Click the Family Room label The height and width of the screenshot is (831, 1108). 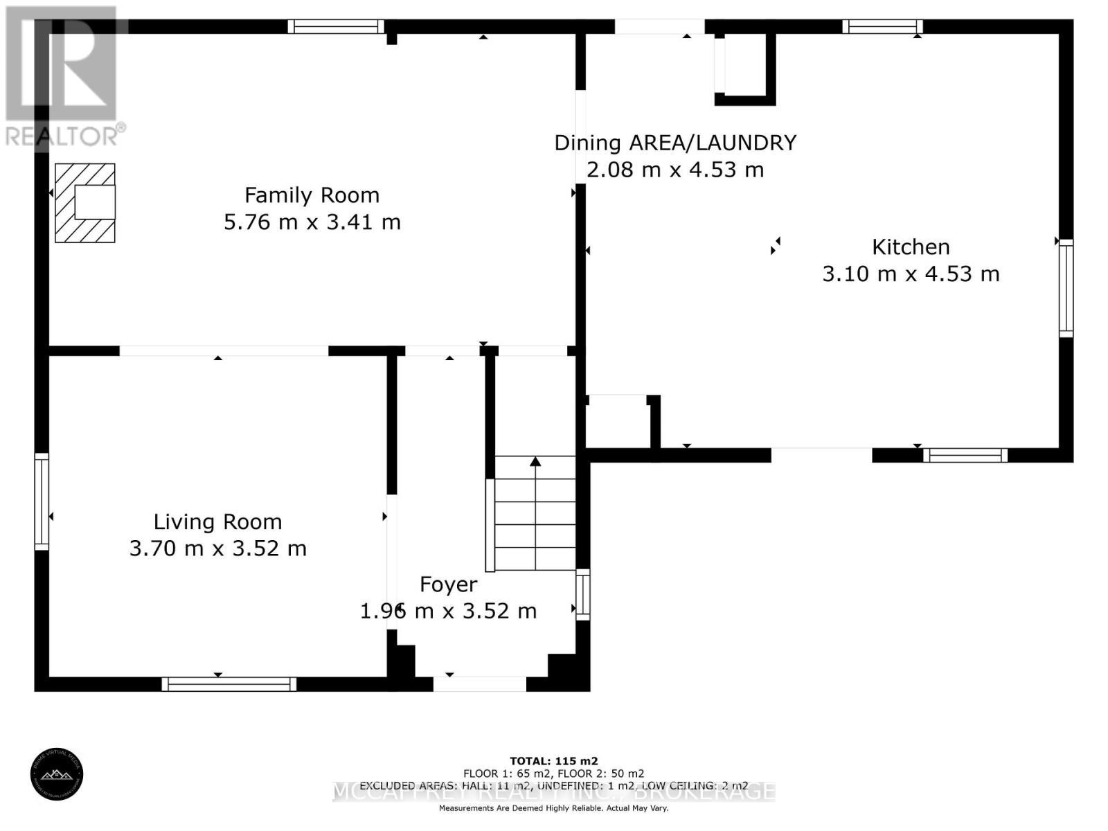(312, 195)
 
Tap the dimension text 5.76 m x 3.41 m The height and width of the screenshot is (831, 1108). (312, 222)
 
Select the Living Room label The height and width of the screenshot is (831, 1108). (217, 521)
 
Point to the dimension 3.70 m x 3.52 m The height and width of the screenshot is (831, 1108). (217, 548)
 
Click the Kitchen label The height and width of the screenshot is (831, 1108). (910, 247)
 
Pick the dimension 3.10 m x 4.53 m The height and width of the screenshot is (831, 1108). (910, 274)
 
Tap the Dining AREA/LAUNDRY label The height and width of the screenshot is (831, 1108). (674, 143)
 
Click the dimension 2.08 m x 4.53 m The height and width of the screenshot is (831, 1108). (674, 170)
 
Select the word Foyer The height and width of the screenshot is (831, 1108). (448, 584)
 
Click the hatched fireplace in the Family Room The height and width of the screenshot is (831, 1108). (85, 203)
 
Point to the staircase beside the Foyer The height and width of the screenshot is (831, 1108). (535, 516)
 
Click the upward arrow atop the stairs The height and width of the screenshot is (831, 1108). (535, 461)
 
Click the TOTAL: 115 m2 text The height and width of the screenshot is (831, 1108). (553, 760)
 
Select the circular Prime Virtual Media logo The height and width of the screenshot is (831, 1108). (57, 776)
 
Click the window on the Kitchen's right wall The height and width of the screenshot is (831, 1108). (1066, 288)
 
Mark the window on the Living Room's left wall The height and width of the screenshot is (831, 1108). (42, 501)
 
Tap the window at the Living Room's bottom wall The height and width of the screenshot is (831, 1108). (229, 684)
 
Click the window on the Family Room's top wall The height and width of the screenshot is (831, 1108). (336, 26)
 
